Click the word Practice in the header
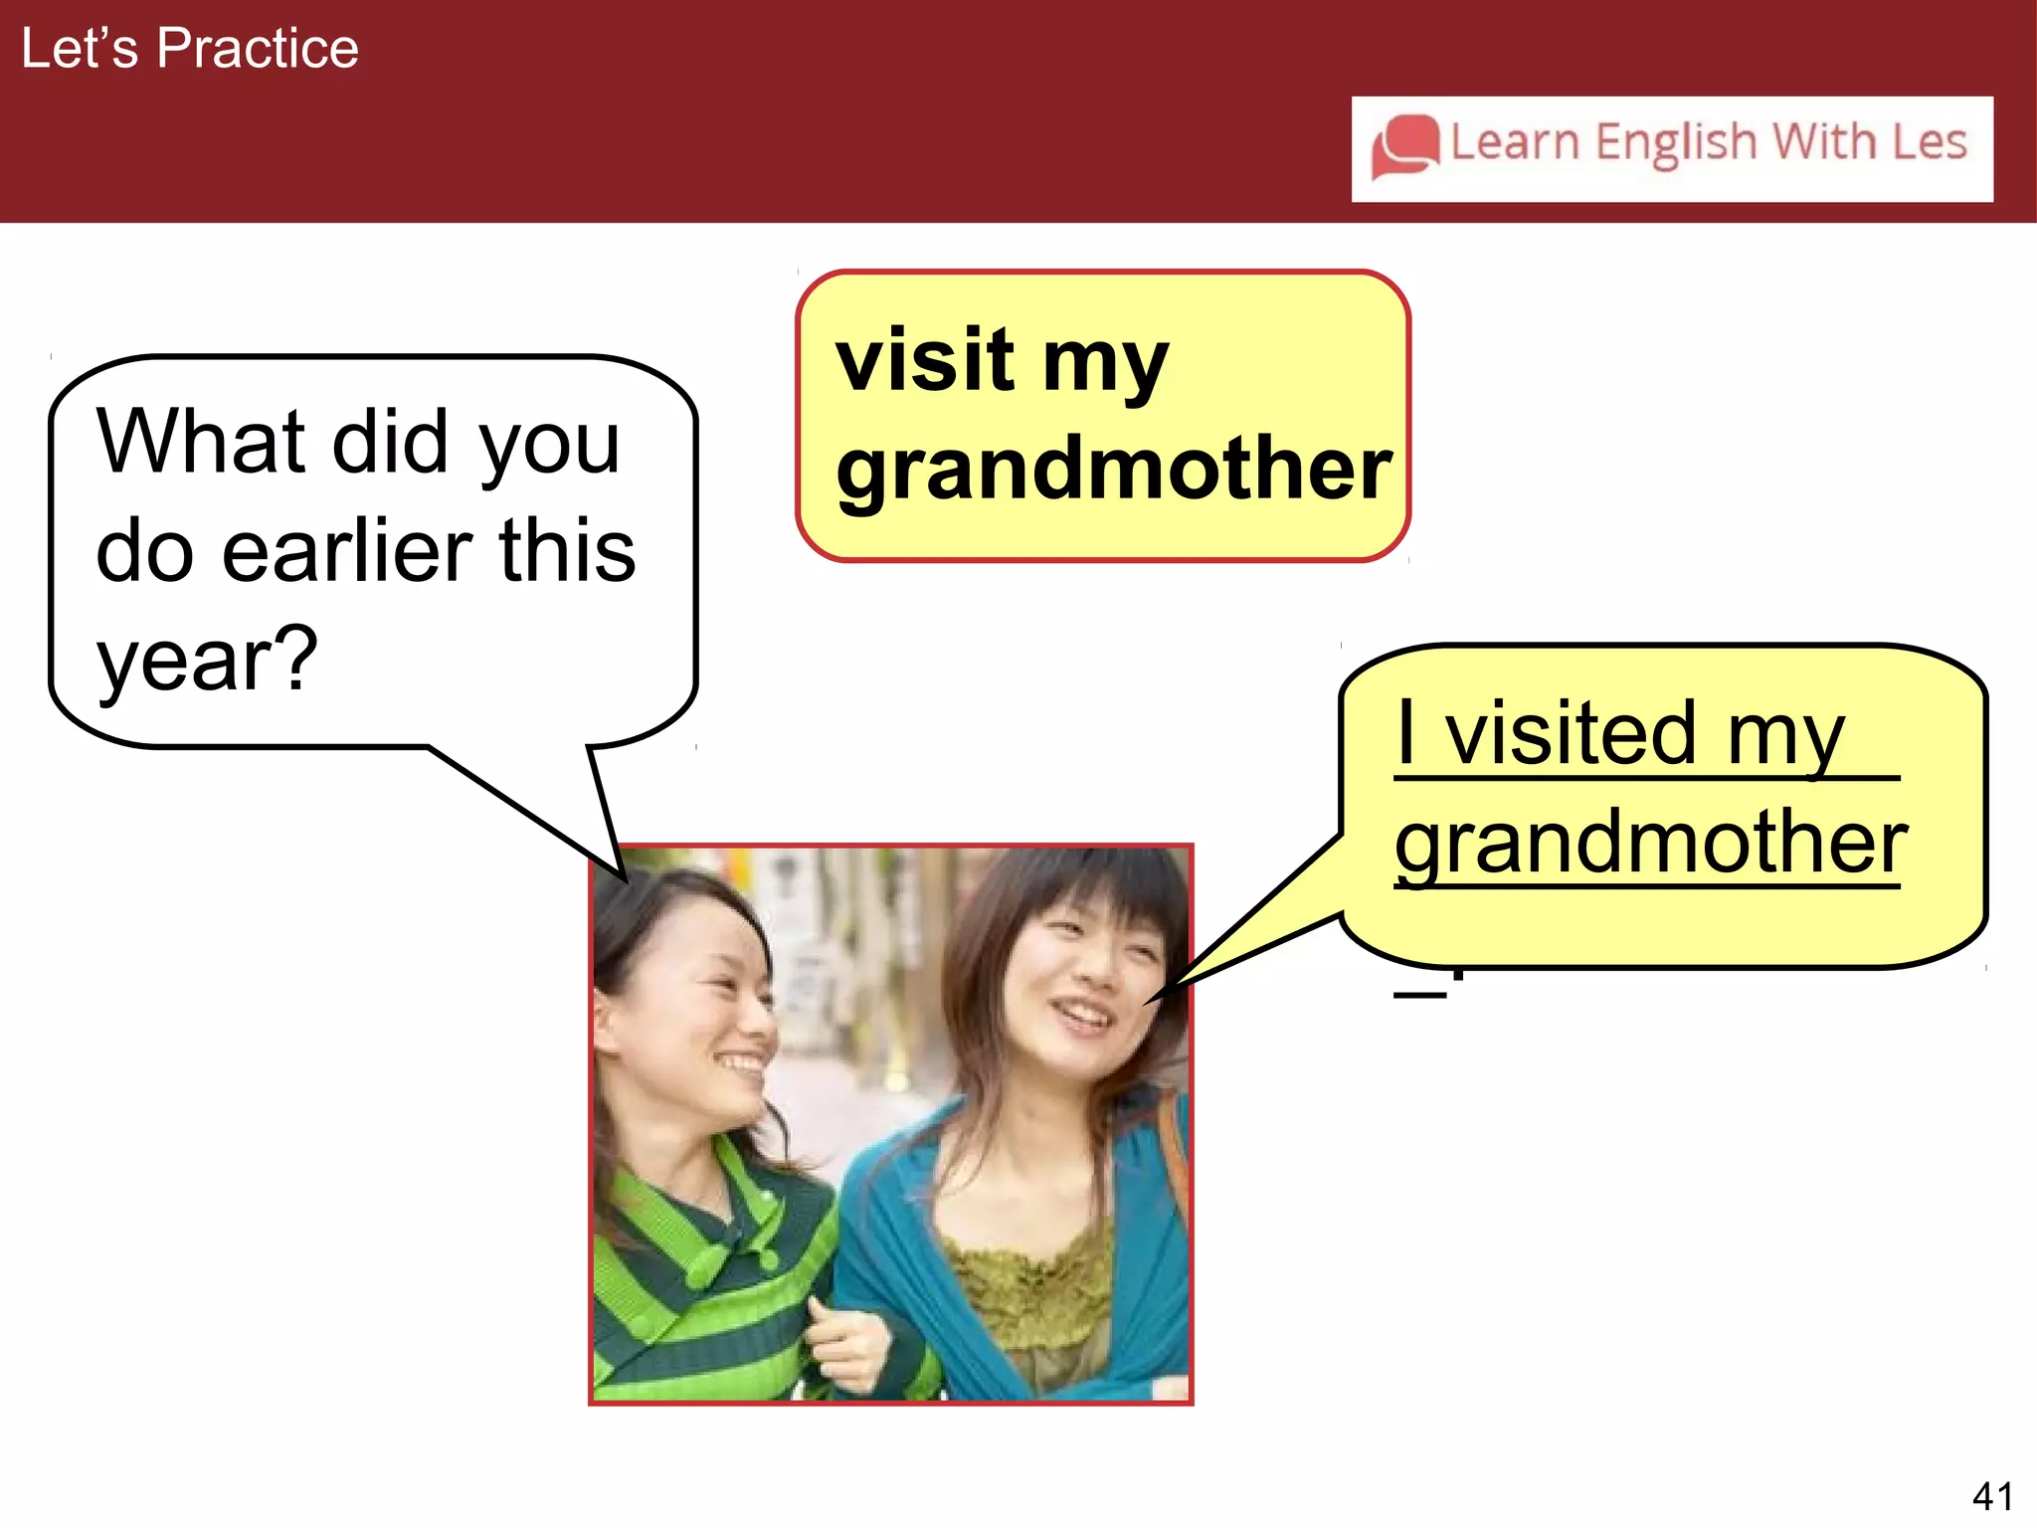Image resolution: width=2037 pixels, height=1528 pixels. [258, 48]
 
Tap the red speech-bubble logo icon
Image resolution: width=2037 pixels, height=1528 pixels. [1404, 147]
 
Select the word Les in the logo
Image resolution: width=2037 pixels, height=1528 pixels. [1929, 141]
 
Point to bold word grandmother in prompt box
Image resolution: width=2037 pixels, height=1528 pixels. [1113, 470]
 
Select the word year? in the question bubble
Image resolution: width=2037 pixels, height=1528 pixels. [207, 661]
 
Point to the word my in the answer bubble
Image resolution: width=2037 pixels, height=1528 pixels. [1785, 736]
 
